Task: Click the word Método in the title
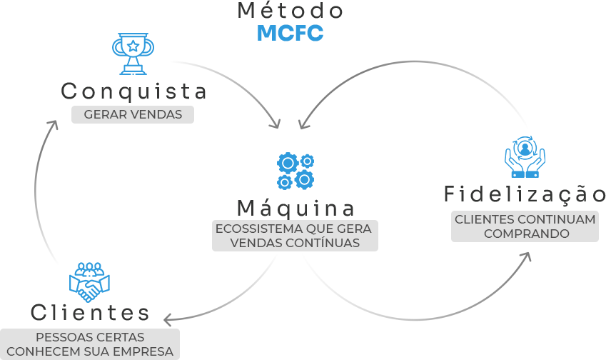tap(290, 11)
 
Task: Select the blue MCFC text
tap(290, 33)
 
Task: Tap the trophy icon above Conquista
tap(133, 53)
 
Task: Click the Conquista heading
tap(133, 91)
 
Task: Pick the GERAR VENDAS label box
tap(133, 114)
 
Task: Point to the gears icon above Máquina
tap(295, 171)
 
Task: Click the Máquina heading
tap(296, 209)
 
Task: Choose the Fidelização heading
tap(525, 194)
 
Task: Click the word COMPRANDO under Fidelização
tap(526, 234)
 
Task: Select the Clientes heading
tap(90, 313)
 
